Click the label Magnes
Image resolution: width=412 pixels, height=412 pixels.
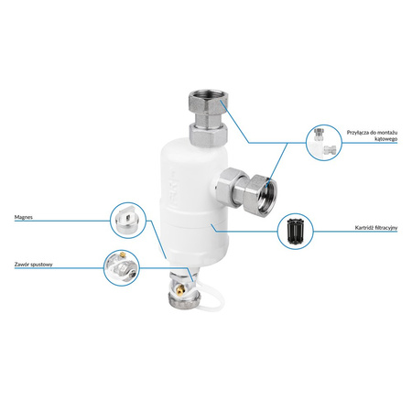(x=24, y=217)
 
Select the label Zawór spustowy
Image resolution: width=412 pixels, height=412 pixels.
(x=34, y=265)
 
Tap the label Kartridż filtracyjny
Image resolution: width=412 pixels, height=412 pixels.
(x=376, y=228)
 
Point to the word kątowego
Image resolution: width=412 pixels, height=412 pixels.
(x=386, y=139)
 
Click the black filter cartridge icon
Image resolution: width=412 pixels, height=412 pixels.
(x=296, y=232)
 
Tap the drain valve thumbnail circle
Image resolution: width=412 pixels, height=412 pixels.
(x=122, y=268)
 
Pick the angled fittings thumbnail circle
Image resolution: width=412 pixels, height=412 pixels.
(x=324, y=143)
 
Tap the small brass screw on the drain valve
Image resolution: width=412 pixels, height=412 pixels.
(x=181, y=288)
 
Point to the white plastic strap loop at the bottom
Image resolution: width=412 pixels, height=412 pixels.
(x=211, y=298)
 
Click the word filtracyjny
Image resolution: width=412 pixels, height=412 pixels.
(x=386, y=228)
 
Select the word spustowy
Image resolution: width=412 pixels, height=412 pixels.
(x=41, y=265)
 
